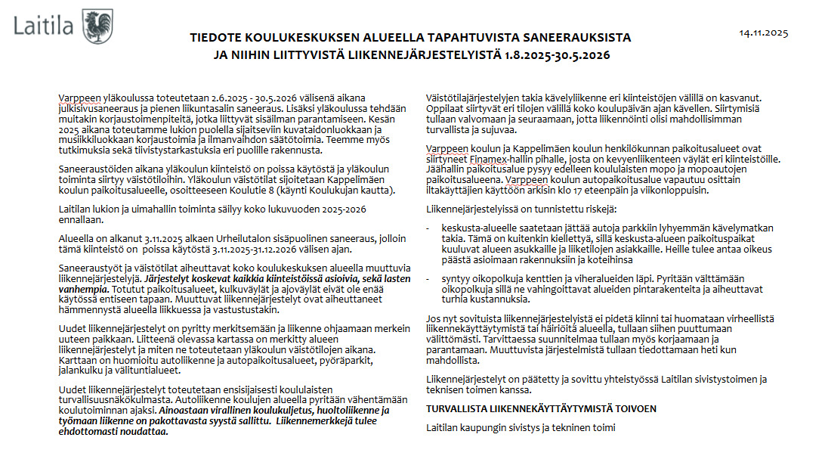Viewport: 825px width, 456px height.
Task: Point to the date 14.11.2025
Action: click(x=763, y=33)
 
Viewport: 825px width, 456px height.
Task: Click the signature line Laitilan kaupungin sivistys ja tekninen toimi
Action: click(x=521, y=428)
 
